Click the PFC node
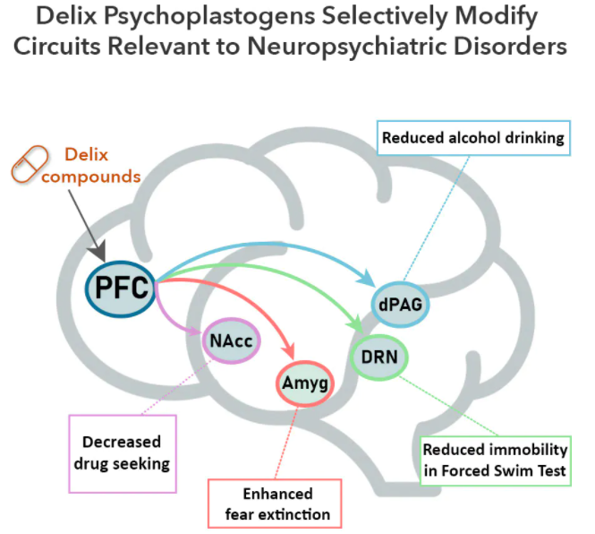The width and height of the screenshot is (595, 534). pos(121,289)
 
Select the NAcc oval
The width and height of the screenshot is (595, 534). pos(231,340)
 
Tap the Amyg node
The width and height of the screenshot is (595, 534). pos(305,383)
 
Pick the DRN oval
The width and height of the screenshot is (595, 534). pos(379,357)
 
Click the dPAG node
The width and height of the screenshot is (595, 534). pos(400,305)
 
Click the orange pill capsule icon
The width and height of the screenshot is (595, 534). pos(30,164)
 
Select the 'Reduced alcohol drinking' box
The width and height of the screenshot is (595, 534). pos(473,138)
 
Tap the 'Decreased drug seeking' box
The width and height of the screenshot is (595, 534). pos(123,453)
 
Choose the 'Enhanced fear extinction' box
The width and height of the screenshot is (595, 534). pos(275,504)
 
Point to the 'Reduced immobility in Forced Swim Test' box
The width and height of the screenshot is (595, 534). pos(495,461)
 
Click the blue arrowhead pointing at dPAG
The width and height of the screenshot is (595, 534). pos(368,279)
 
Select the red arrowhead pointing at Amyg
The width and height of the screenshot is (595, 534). pos(288,350)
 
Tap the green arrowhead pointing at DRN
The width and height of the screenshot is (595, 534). pos(356,325)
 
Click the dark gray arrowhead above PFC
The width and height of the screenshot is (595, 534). pos(98,251)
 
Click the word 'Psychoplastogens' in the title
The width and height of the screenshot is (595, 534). pos(209,16)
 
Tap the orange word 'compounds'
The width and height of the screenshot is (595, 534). pos(91,177)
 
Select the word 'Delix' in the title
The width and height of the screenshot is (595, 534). pos(66,15)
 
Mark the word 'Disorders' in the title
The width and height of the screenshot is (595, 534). pos(510,47)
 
